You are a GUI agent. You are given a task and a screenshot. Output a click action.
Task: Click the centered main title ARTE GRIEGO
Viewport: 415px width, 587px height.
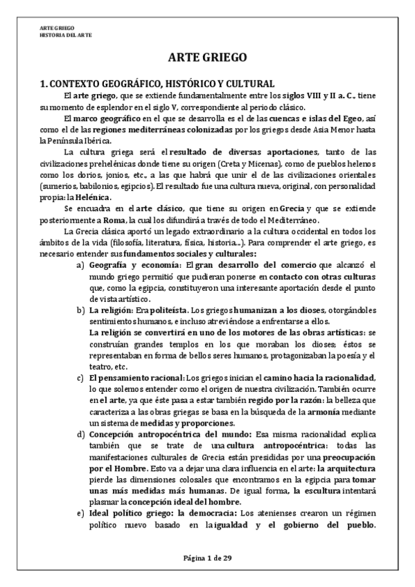207,57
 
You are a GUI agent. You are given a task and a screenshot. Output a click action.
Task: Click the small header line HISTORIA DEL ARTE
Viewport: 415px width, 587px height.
66,34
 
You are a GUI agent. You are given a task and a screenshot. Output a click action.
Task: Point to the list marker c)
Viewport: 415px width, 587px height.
80,377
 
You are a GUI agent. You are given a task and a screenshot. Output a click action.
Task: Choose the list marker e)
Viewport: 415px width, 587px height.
80,512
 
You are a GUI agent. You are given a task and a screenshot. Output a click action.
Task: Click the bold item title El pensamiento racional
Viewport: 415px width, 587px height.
136,377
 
